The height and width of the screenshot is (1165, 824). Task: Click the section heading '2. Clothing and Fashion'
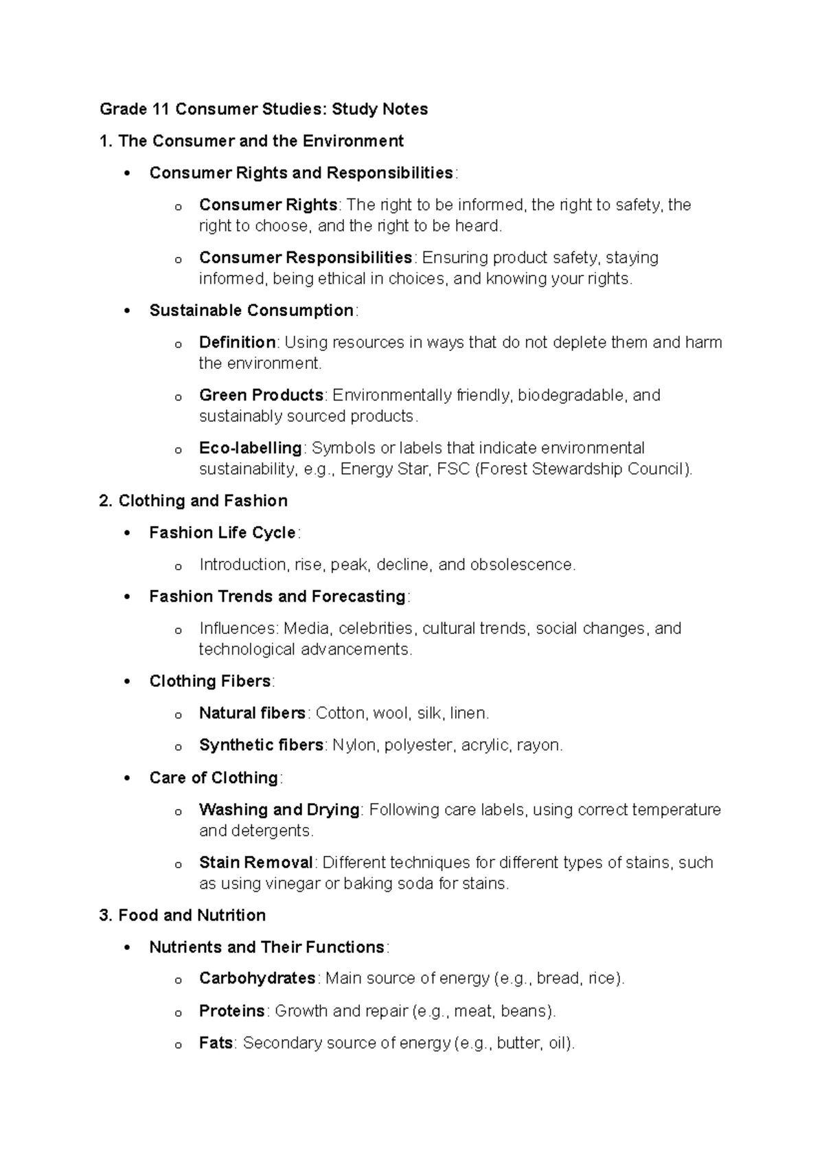(x=193, y=501)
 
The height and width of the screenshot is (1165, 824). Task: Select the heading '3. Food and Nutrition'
(x=182, y=915)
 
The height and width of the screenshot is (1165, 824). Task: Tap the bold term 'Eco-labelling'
(x=250, y=449)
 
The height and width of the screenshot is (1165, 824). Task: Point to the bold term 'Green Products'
(x=261, y=396)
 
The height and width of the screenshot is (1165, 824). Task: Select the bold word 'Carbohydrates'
(x=257, y=978)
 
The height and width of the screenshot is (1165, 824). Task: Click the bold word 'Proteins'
(x=231, y=1011)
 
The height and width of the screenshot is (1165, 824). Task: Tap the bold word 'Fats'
(x=216, y=1043)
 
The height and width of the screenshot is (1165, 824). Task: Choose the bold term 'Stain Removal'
(x=255, y=863)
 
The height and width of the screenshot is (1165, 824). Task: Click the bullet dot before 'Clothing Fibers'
(x=126, y=682)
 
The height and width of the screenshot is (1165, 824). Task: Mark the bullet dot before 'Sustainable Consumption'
(x=126, y=311)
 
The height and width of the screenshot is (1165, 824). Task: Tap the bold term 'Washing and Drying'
(x=279, y=810)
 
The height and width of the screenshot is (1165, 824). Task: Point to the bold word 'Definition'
(x=237, y=343)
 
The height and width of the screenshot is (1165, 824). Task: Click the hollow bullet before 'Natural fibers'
(x=178, y=715)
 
